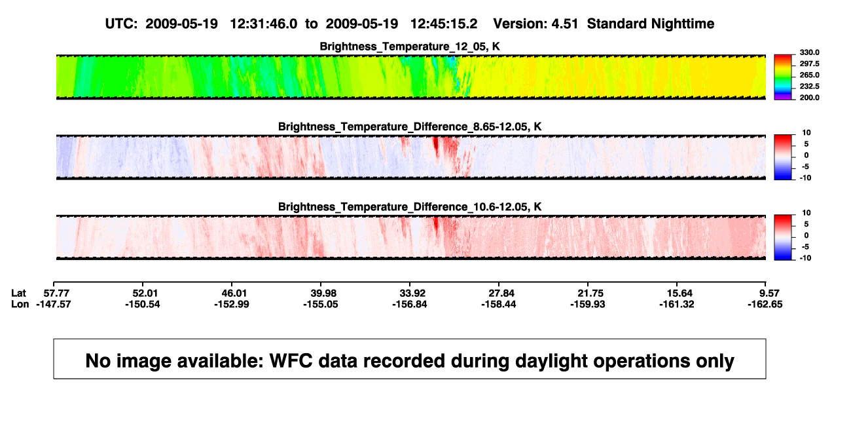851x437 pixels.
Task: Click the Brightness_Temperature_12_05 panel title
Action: click(x=410, y=47)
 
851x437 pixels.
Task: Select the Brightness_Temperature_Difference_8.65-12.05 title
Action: click(x=410, y=126)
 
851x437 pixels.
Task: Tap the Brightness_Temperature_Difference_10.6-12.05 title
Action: click(x=410, y=207)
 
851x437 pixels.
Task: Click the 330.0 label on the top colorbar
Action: click(x=809, y=52)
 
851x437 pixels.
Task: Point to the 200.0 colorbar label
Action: click(x=809, y=98)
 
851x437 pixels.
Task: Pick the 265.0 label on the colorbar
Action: click(x=809, y=75)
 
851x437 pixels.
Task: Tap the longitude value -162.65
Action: click(x=765, y=304)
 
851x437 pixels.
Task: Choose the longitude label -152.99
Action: click(x=232, y=304)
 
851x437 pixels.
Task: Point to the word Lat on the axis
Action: click(x=18, y=294)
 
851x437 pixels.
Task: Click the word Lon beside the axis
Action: click(x=20, y=304)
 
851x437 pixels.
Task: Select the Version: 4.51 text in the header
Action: click(x=535, y=24)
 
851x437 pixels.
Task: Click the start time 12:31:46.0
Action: click(x=264, y=24)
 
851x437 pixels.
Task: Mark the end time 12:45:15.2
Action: click(x=444, y=24)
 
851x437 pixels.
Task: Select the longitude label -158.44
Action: click(x=498, y=304)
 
